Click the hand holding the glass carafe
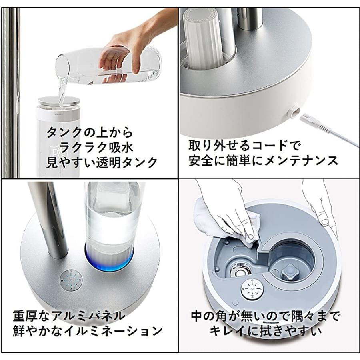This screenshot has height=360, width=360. (x=120, y=56)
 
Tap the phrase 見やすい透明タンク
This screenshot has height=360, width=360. (x=102, y=162)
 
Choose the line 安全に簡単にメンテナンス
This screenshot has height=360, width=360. (x=264, y=160)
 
